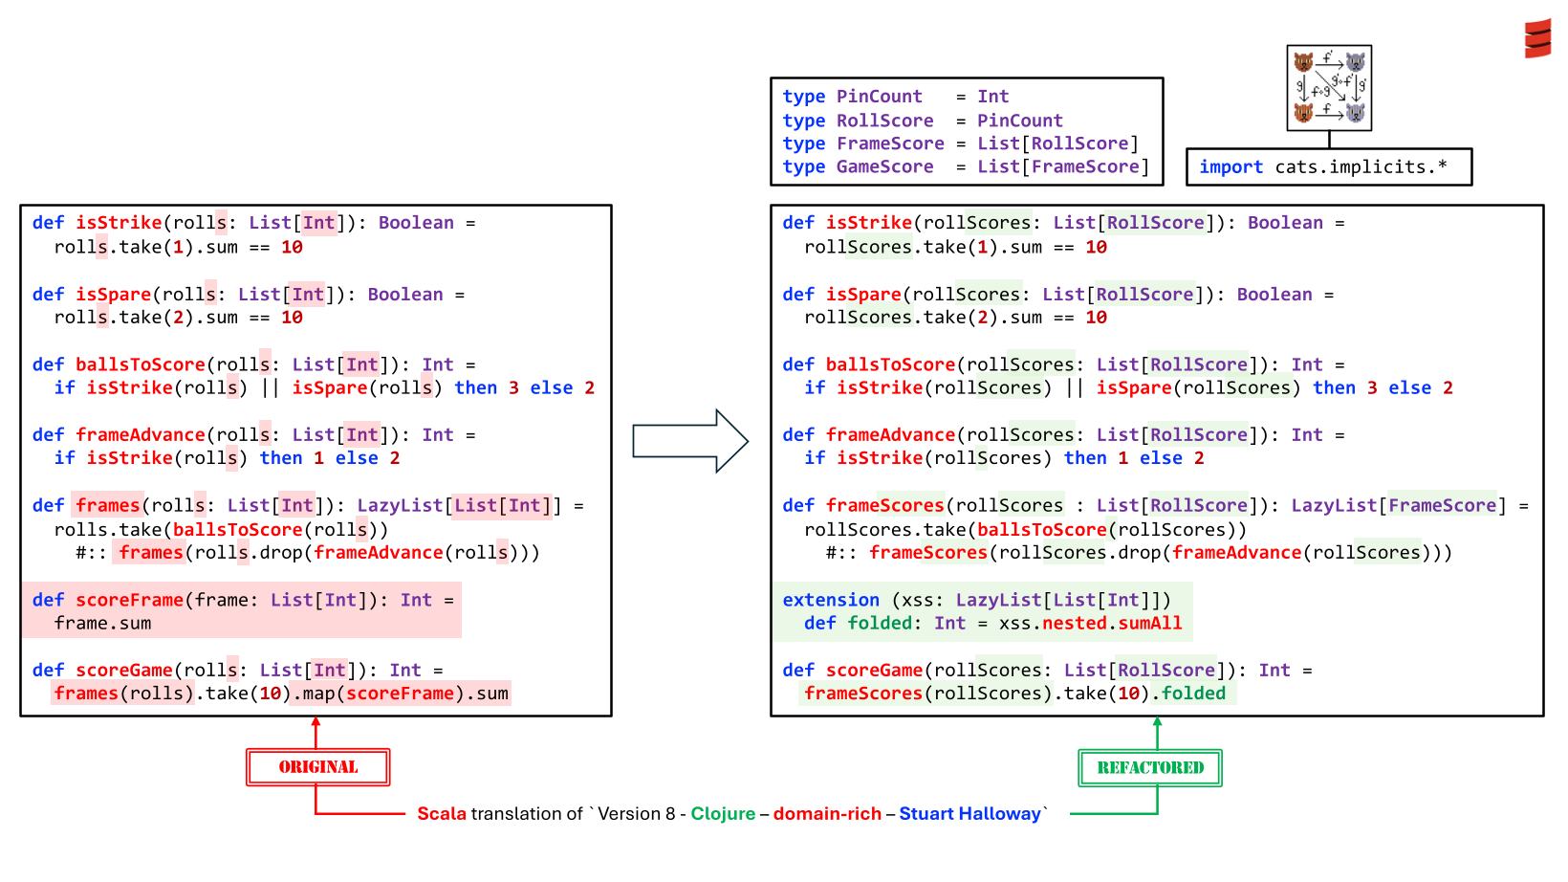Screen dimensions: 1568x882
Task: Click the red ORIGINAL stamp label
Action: [317, 767]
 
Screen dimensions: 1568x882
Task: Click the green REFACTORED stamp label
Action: [1150, 768]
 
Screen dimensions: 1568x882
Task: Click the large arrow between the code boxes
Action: [690, 441]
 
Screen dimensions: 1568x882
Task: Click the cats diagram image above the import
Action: [1329, 88]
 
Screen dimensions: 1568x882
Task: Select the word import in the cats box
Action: [1231, 166]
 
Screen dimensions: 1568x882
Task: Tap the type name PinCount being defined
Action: [880, 96]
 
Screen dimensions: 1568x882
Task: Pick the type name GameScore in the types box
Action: [884, 166]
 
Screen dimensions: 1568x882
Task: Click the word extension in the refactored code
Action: [830, 600]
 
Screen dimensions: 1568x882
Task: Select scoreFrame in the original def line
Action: [129, 600]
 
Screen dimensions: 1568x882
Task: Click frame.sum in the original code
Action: [103, 623]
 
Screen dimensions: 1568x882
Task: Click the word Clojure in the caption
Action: [723, 813]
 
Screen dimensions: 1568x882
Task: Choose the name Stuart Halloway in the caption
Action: [969, 813]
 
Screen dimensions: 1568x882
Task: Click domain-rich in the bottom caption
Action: [827, 813]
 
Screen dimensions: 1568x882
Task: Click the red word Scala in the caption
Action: [442, 813]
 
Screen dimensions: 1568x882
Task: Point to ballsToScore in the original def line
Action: [140, 364]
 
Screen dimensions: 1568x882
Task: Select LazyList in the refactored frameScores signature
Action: [1334, 505]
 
